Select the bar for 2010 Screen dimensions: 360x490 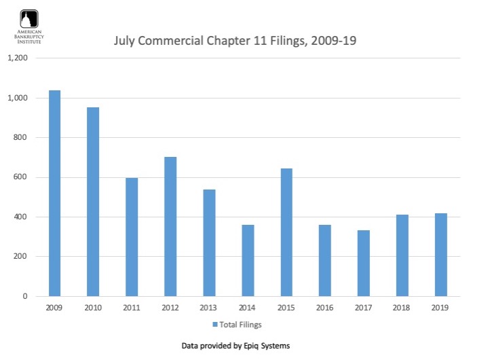pyautogui.click(x=93, y=202)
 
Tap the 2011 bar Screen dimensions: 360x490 pyautogui.click(x=132, y=237)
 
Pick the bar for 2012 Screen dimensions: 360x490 pyautogui.click(x=170, y=227)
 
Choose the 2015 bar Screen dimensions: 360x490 pyautogui.click(x=286, y=232)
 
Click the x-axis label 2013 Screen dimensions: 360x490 pyautogui.click(x=209, y=308)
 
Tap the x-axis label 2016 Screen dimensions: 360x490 pyautogui.click(x=325, y=308)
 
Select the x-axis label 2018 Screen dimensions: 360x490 pyautogui.click(x=402, y=308)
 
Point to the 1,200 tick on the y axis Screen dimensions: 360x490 pyautogui.click(x=18, y=58)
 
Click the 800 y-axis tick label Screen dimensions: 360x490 pyautogui.click(x=21, y=138)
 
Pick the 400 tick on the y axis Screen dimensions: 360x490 pyautogui.click(x=21, y=217)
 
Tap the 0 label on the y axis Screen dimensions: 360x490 pyautogui.click(x=26, y=297)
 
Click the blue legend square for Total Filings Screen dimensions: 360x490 pyautogui.click(x=214, y=325)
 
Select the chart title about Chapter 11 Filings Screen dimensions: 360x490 pyautogui.click(x=235, y=41)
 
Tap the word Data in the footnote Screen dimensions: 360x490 pyautogui.click(x=191, y=346)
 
